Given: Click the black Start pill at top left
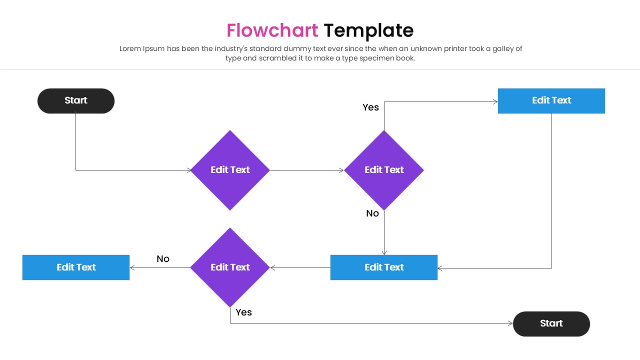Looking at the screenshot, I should coord(76,100).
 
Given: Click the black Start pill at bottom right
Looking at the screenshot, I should coord(551,323).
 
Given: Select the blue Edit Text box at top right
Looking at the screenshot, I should coord(551,100).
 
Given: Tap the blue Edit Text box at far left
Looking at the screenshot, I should coord(76,267).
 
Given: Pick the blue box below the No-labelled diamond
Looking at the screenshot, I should coord(383,267).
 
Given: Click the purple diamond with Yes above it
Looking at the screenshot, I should coord(383,170).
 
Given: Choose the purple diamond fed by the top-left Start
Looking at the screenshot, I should coord(230,170).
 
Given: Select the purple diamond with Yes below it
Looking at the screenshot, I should coord(230,267).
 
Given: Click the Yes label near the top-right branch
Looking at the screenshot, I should coord(370,107).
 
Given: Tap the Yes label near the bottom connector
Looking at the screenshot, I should coord(243,312).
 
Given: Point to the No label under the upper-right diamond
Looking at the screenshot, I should coord(372,213).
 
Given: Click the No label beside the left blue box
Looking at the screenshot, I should coord(163,258).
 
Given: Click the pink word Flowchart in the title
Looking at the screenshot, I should coord(272,30).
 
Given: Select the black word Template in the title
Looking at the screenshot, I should coord(368,30).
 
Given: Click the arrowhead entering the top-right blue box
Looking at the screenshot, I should coord(495,102).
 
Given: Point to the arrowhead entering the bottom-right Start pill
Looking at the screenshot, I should coord(510,323).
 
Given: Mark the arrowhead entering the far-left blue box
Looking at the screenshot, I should coord(132,268).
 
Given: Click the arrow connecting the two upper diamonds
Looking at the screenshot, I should coord(306,170).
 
